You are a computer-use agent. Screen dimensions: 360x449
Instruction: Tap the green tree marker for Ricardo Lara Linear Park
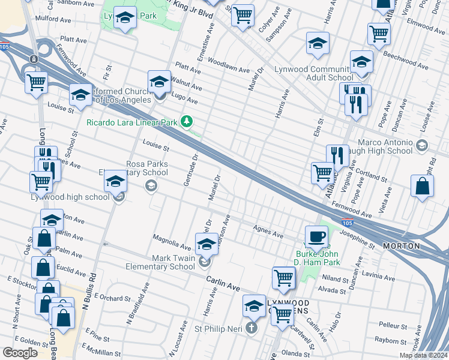point(188,122)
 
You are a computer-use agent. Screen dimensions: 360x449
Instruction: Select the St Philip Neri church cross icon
point(251,328)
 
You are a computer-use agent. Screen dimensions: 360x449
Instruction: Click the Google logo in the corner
point(20,353)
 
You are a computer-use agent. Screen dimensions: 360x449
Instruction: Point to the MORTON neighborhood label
point(419,247)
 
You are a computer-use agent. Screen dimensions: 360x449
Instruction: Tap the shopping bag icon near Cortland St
point(422,186)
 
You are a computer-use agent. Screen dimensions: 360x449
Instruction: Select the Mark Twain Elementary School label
point(160,262)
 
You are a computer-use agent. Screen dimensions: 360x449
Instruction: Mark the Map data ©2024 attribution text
point(423,355)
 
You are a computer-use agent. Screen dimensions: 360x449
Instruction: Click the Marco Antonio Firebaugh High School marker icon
point(422,146)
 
